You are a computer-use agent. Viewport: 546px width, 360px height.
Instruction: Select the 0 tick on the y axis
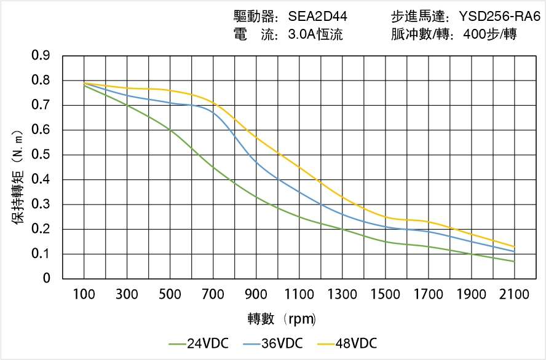coord(46,279)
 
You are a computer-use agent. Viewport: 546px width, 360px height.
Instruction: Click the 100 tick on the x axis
coord(84,294)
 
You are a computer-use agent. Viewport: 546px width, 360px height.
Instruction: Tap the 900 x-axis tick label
coord(256,294)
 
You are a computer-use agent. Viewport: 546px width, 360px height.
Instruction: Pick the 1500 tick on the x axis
coord(386,294)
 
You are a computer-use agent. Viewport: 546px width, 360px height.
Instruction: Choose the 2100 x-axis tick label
coord(514,294)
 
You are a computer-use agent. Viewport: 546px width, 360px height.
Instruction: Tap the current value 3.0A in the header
coord(301,35)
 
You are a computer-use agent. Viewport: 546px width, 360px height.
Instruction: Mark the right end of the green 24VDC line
coord(514,262)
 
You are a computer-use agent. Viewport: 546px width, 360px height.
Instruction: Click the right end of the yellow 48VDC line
coord(514,247)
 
